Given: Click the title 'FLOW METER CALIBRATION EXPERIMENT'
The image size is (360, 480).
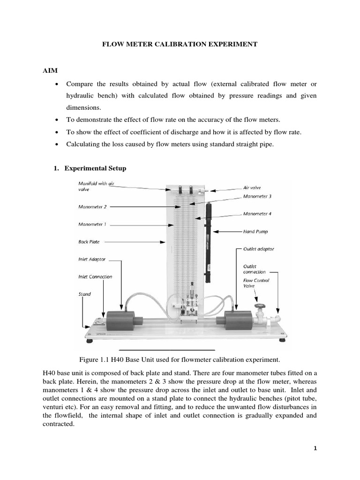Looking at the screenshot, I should [x=180, y=44].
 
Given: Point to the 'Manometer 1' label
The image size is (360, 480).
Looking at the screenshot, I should [x=92, y=225].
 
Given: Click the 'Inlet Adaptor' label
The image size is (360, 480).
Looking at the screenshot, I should [x=92, y=259].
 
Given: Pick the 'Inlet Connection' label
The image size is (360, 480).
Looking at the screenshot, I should [x=95, y=277].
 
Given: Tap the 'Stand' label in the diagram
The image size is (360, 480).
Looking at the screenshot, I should [x=85, y=294].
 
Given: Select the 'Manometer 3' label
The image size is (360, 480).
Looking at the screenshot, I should [x=257, y=196].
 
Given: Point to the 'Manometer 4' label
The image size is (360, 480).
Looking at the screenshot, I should [x=257, y=214].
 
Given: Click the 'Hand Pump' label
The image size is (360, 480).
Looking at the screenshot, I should [x=256, y=232].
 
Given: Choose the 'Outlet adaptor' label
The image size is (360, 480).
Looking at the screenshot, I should [x=259, y=249].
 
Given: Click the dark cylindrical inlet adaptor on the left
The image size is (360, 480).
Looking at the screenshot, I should [x=120, y=321].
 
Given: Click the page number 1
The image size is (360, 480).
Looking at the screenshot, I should [x=315, y=448].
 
